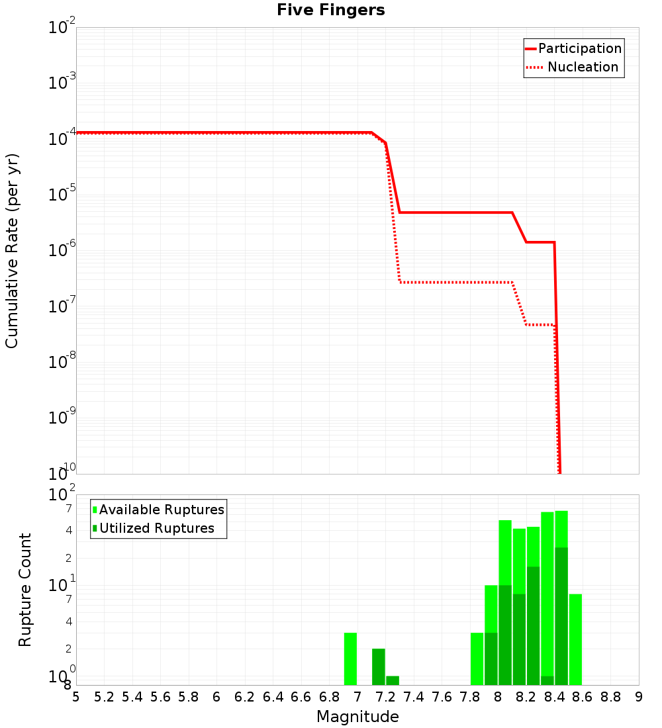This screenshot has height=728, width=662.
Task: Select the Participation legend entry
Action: coord(573,48)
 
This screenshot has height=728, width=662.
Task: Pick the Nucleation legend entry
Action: coord(573,67)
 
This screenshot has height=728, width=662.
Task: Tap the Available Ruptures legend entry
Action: coord(159,510)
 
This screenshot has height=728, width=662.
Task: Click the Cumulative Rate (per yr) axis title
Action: coord(12,251)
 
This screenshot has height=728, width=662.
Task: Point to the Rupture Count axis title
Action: coord(25,590)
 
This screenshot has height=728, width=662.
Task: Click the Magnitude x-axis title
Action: coord(357,717)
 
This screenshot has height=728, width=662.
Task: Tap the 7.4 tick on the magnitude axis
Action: coord(414,697)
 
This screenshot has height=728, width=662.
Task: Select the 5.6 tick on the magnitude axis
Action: coord(160,697)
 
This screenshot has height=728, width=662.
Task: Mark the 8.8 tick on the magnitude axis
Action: coord(610,697)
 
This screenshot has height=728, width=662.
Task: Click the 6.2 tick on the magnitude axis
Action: coord(245,697)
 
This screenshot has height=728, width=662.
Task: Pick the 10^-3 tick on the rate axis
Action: coord(62,83)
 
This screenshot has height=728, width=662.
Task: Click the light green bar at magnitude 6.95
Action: coord(350,659)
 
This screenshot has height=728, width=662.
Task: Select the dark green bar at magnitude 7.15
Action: coord(379,666)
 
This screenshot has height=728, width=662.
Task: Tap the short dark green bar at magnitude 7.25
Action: coord(393,680)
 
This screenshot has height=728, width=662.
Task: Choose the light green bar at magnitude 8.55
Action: coord(575,639)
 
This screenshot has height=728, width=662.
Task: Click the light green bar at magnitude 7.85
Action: coord(477,659)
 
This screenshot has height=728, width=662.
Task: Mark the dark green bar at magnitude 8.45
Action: coord(561,615)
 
